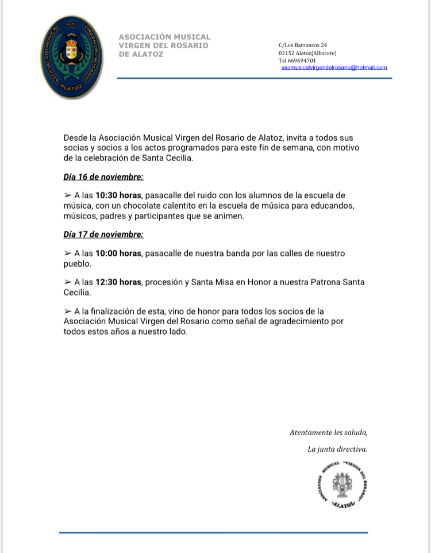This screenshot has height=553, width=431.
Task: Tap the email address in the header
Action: (x=334, y=68)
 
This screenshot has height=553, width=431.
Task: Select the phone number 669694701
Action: (x=301, y=60)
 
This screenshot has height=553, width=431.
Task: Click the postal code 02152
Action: (x=286, y=53)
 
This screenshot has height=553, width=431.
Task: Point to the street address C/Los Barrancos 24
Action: (x=302, y=45)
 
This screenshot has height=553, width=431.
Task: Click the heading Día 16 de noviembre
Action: (x=103, y=176)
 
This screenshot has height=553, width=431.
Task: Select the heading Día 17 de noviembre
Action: (x=103, y=235)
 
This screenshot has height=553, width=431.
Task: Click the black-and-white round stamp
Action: (x=341, y=484)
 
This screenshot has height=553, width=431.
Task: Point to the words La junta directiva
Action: (x=337, y=449)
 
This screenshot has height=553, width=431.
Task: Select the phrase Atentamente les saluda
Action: (x=328, y=432)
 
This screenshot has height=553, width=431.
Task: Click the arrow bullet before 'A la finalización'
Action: (x=68, y=311)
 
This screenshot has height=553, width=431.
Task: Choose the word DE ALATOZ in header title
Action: (x=141, y=55)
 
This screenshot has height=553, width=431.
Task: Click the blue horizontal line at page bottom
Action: (x=213, y=532)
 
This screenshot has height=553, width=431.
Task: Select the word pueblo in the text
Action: (x=78, y=264)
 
